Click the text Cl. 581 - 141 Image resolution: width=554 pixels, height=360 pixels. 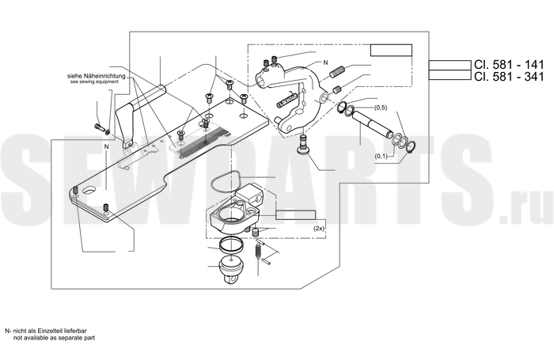(x=509, y=65)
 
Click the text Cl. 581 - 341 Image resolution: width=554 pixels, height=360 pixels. (x=509, y=76)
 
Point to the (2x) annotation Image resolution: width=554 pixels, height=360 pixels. (x=319, y=229)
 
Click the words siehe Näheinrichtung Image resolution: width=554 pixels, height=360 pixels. (x=96, y=76)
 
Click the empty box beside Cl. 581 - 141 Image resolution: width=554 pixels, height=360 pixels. (x=450, y=66)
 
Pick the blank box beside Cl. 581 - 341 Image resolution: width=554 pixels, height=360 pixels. (x=450, y=75)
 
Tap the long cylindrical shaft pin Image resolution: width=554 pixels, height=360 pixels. (x=373, y=123)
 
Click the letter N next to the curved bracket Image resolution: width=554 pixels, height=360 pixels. (x=325, y=63)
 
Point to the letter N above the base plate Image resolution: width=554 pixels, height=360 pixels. (x=106, y=146)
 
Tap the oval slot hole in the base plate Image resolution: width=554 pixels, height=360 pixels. (x=89, y=191)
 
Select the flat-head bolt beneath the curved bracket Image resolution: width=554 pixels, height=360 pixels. (x=303, y=146)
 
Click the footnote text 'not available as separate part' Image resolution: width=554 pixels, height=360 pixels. (x=54, y=338)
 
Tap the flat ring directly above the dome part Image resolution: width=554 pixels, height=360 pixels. (x=231, y=244)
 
